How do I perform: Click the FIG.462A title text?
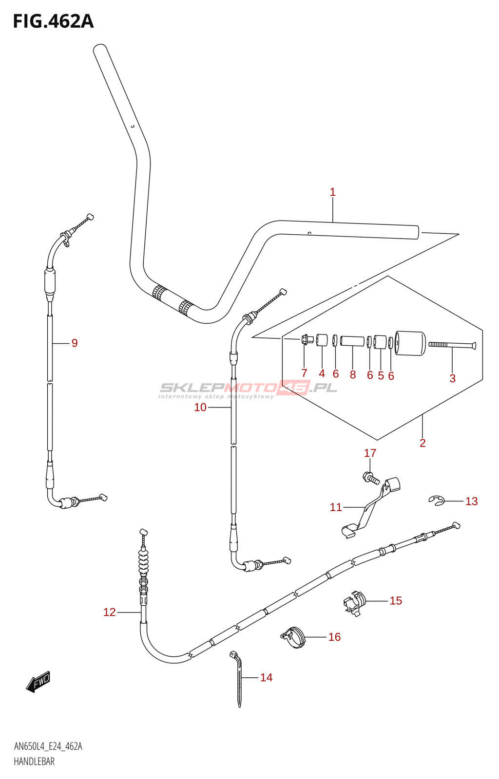pyautogui.click(x=53, y=21)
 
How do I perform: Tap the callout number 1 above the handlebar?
pyautogui.click(x=333, y=192)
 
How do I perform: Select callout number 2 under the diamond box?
pyautogui.click(x=422, y=443)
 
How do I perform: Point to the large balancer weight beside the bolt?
pyautogui.click(x=410, y=343)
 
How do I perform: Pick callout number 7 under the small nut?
pyautogui.click(x=304, y=373)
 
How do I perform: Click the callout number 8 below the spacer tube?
pyautogui.click(x=353, y=374)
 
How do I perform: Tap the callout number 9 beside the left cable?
pyautogui.click(x=75, y=343)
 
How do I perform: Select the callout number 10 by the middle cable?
pyautogui.click(x=200, y=408)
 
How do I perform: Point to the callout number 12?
pyautogui.click(x=110, y=612)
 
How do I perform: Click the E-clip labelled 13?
pyautogui.click(x=437, y=501)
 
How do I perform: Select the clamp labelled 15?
pyautogui.click(x=354, y=603)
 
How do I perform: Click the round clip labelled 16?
pyautogui.click(x=293, y=637)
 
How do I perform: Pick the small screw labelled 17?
pyautogui.click(x=372, y=478)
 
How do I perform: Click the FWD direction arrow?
pyautogui.click(x=39, y=682)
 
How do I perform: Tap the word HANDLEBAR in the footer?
pyautogui.click(x=34, y=761)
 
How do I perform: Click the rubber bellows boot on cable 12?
pyautogui.click(x=143, y=562)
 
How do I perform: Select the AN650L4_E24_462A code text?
pyautogui.click(x=48, y=746)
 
